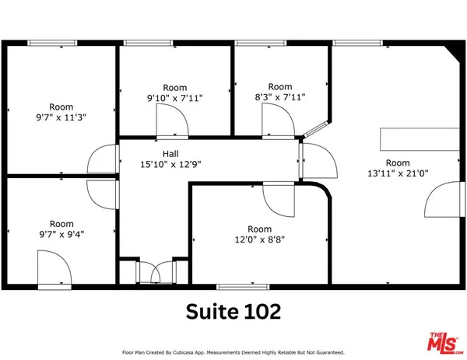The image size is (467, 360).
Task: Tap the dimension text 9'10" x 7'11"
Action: (x=174, y=98)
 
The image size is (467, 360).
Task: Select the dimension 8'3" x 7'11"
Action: (x=279, y=97)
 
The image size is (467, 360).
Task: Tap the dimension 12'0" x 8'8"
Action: (x=260, y=239)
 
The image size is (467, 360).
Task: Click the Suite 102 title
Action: (x=233, y=310)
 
